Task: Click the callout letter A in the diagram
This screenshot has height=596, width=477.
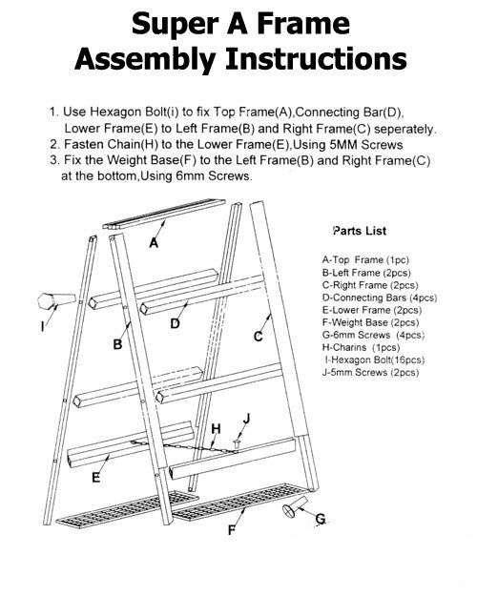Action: [x=154, y=243]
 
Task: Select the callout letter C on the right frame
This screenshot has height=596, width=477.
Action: [x=259, y=336]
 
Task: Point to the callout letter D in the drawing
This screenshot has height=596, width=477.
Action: [x=175, y=323]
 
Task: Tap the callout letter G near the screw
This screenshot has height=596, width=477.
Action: [x=321, y=520]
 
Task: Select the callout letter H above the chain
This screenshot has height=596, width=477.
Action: [x=216, y=428]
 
